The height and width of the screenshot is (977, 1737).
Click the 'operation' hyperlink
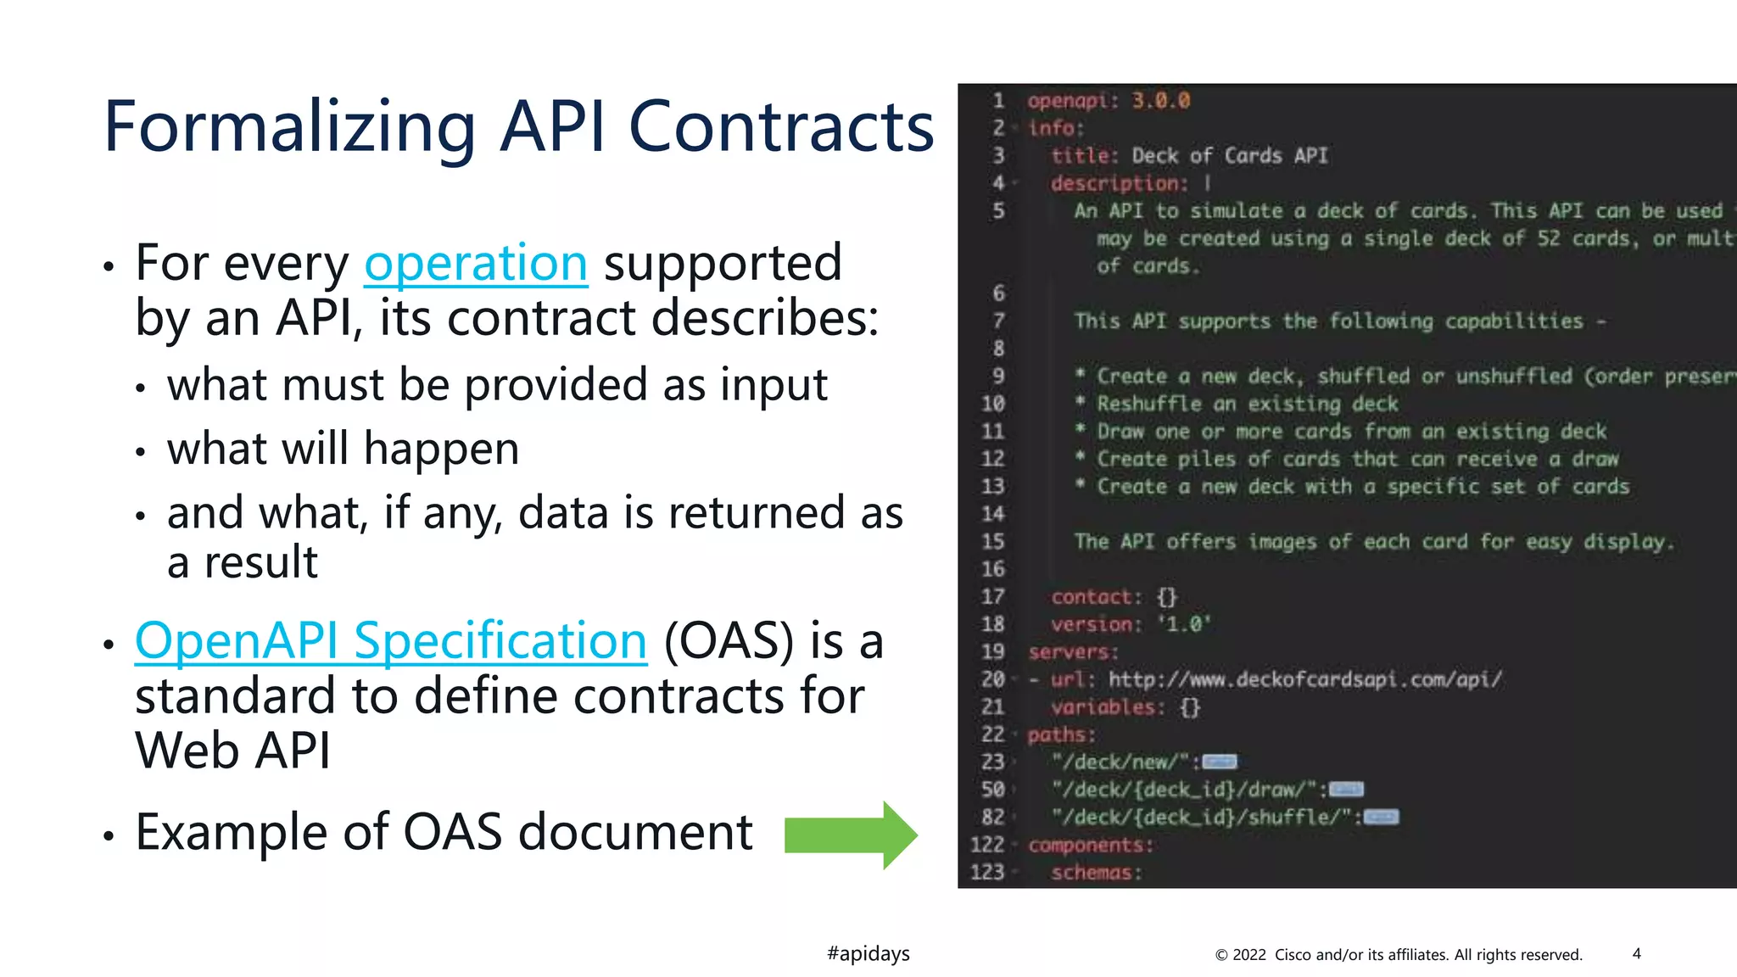pyautogui.click(x=476, y=264)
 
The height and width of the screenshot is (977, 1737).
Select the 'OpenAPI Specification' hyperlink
pyautogui.click(x=391, y=640)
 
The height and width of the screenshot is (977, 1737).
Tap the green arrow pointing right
pyautogui.click(x=850, y=835)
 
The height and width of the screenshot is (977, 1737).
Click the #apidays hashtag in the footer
pyautogui.click(x=868, y=953)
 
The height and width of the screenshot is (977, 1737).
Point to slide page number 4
pyautogui.click(x=1636, y=953)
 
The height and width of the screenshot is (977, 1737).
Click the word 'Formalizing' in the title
pyautogui.click(x=288, y=127)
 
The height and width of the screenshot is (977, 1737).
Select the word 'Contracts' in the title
pyautogui.click(x=780, y=127)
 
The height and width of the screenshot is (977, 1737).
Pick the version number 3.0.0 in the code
pyautogui.click(x=1160, y=101)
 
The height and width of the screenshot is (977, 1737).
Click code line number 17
pyautogui.click(x=992, y=597)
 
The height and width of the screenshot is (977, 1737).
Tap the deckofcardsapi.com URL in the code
pyautogui.click(x=1304, y=679)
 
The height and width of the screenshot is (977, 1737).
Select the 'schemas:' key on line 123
pyautogui.click(x=1096, y=873)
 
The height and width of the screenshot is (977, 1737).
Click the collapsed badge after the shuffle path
pyautogui.click(x=1381, y=818)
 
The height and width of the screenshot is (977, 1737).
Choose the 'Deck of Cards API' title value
pyautogui.click(x=1229, y=156)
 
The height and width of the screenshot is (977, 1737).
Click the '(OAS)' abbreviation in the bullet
pyautogui.click(x=729, y=640)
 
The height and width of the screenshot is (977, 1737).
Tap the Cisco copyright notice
pyautogui.click(x=1399, y=955)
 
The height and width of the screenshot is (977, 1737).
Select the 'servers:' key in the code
pyautogui.click(x=1073, y=652)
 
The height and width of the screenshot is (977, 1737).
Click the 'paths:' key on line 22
pyautogui.click(x=1061, y=734)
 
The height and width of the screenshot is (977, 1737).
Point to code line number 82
pyautogui.click(x=992, y=818)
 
